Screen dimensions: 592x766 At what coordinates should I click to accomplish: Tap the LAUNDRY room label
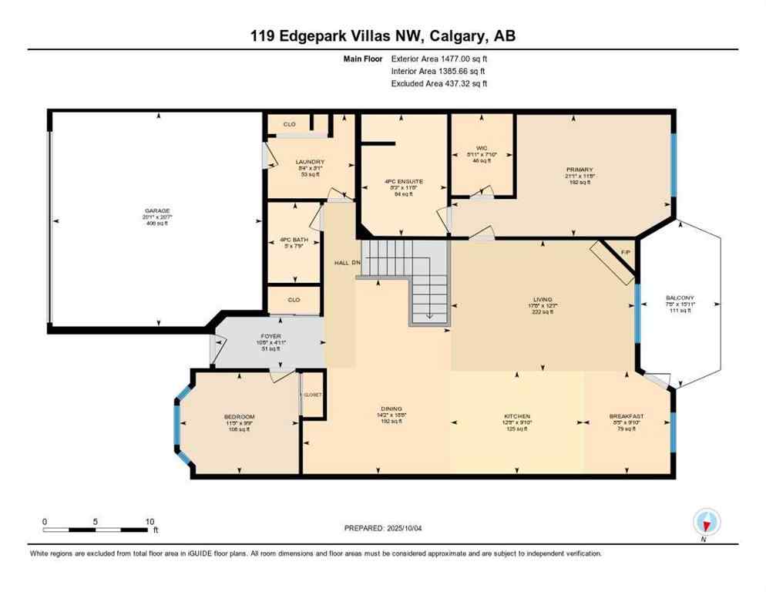[311, 162]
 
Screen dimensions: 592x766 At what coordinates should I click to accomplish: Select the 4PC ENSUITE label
[404, 182]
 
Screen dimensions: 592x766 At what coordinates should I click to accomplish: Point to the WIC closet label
[482, 148]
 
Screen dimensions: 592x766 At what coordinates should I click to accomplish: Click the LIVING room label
[543, 300]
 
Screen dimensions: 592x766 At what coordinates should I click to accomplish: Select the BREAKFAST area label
[626, 417]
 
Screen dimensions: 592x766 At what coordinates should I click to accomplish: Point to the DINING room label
[391, 409]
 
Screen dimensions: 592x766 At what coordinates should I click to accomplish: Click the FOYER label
[270, 336]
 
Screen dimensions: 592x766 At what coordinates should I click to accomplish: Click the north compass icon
[706, 523]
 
